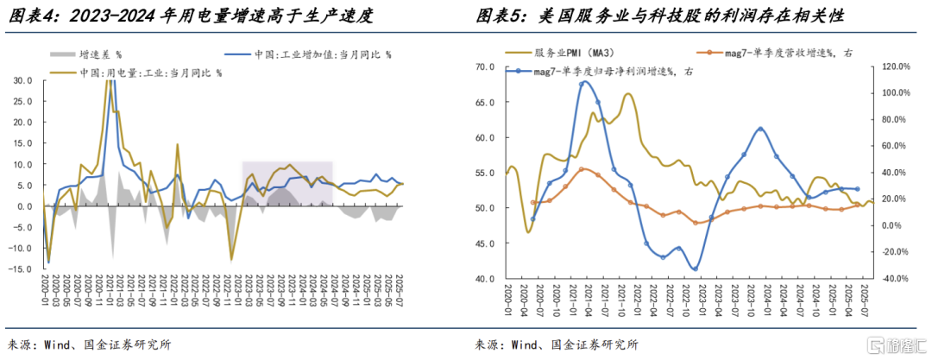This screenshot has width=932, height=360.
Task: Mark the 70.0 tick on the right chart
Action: pos(485,66)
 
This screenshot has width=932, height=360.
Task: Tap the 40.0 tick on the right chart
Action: pos(485,279)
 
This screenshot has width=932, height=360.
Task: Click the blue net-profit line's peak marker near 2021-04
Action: pos(584,82)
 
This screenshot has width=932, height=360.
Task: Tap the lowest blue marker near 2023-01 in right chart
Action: pos(695,269)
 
